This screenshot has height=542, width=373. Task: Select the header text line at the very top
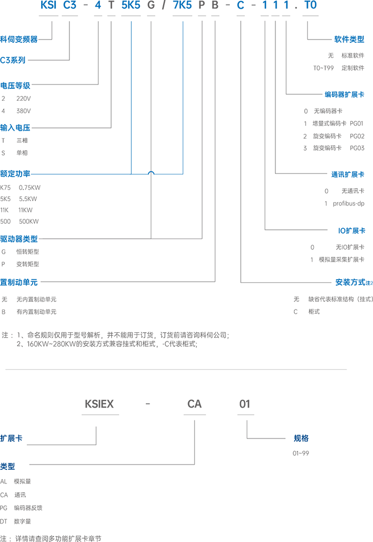click(179, 5)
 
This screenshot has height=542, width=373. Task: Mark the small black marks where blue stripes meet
click(151, 172)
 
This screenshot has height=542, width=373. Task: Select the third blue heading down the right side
click(347, 173)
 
